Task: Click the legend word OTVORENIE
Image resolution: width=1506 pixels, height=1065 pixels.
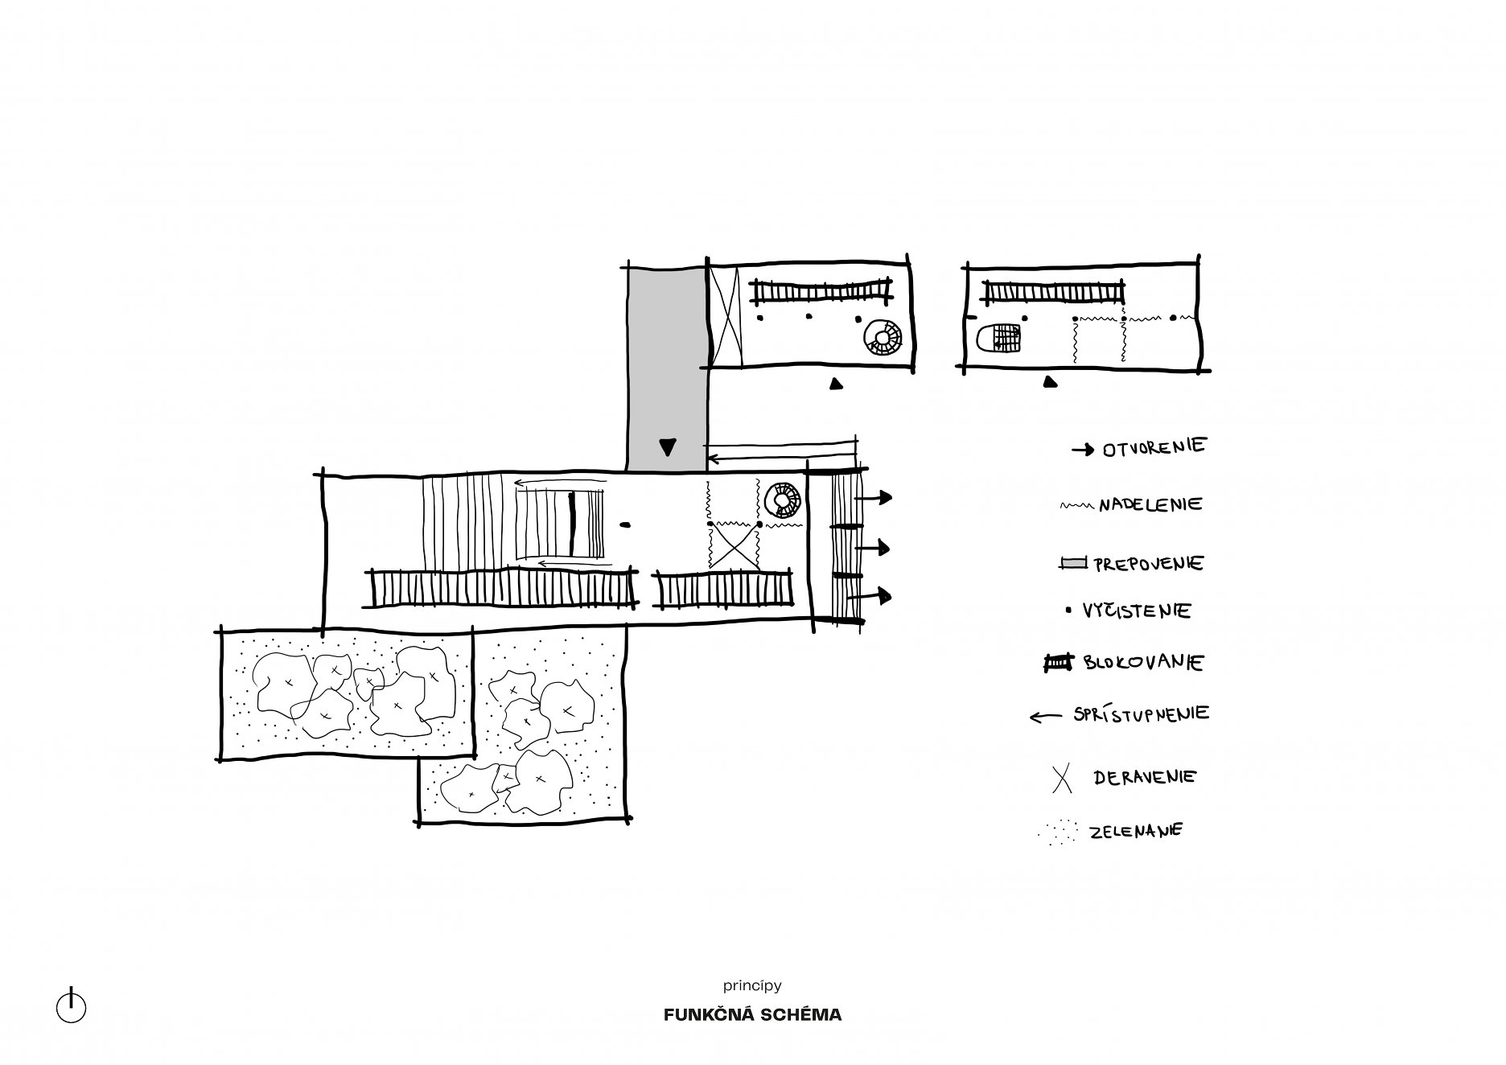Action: coord(1154,447)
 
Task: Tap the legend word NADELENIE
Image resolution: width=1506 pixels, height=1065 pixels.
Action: coord(1150,504)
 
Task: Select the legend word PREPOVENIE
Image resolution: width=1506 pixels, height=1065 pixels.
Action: coord(1148,563)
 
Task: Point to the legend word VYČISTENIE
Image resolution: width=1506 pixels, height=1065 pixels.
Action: coord(1137,611)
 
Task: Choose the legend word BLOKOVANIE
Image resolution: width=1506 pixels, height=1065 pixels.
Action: coord(1143,663)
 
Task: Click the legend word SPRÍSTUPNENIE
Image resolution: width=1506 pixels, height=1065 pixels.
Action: coord(1141,713)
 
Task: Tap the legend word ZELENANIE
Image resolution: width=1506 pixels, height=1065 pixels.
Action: coord(1136,831)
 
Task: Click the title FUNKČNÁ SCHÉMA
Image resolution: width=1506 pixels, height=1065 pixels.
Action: coord(752,1015)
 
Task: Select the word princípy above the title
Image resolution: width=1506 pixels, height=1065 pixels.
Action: coord(752,985)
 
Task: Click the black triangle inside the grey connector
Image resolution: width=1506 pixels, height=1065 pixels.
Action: coord(667,447)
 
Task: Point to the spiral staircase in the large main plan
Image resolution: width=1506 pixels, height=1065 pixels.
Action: coord(781,500)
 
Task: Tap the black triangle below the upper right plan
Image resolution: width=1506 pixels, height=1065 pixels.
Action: coord(1049,383)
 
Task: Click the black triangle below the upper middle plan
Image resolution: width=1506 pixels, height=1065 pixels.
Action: coord(837,384)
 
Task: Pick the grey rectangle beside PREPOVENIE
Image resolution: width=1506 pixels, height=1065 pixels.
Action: coord(1074,563)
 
